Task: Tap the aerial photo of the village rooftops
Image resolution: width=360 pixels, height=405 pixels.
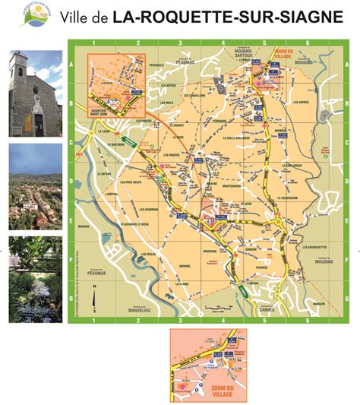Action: [36, 187]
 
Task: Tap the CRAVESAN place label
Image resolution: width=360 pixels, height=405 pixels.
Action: [210, 252]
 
